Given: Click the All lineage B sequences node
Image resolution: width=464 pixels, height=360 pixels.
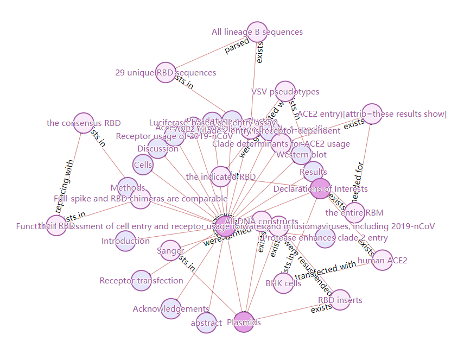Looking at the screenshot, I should (x=257, y=31).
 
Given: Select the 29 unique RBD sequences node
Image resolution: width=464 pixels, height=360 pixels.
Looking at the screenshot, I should (x=166, y=73).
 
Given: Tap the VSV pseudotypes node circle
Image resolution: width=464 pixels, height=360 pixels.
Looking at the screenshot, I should (x=285, y=91).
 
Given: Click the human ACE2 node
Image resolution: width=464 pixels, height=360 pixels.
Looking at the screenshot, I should (x=382, y=260).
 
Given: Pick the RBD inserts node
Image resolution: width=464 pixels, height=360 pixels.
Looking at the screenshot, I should (x=340, y=300).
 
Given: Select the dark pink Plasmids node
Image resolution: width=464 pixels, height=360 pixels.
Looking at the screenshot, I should (x=244, y=322).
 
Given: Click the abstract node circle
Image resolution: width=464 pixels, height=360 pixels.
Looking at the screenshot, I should (x=206, y=323).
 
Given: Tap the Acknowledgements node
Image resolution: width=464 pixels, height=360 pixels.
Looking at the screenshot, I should (x=170, y=308).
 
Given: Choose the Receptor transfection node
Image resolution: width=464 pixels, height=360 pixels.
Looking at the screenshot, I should (x=141, y=280).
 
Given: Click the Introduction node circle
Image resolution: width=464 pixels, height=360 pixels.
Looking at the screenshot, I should (x=125, y=241).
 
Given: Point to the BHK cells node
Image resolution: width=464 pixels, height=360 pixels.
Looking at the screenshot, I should (x=283, y=283).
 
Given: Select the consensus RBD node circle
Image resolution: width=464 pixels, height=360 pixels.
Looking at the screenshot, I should (x=84, y=123).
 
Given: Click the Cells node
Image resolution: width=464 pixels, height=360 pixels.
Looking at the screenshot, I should (x=143, y=165).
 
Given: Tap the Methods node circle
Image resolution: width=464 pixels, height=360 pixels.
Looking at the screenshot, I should (x=128, y=188).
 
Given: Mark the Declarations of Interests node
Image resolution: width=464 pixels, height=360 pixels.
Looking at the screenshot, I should (x=320, y=189).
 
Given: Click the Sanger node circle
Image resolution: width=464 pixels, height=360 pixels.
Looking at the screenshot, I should (x=170, y=250).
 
